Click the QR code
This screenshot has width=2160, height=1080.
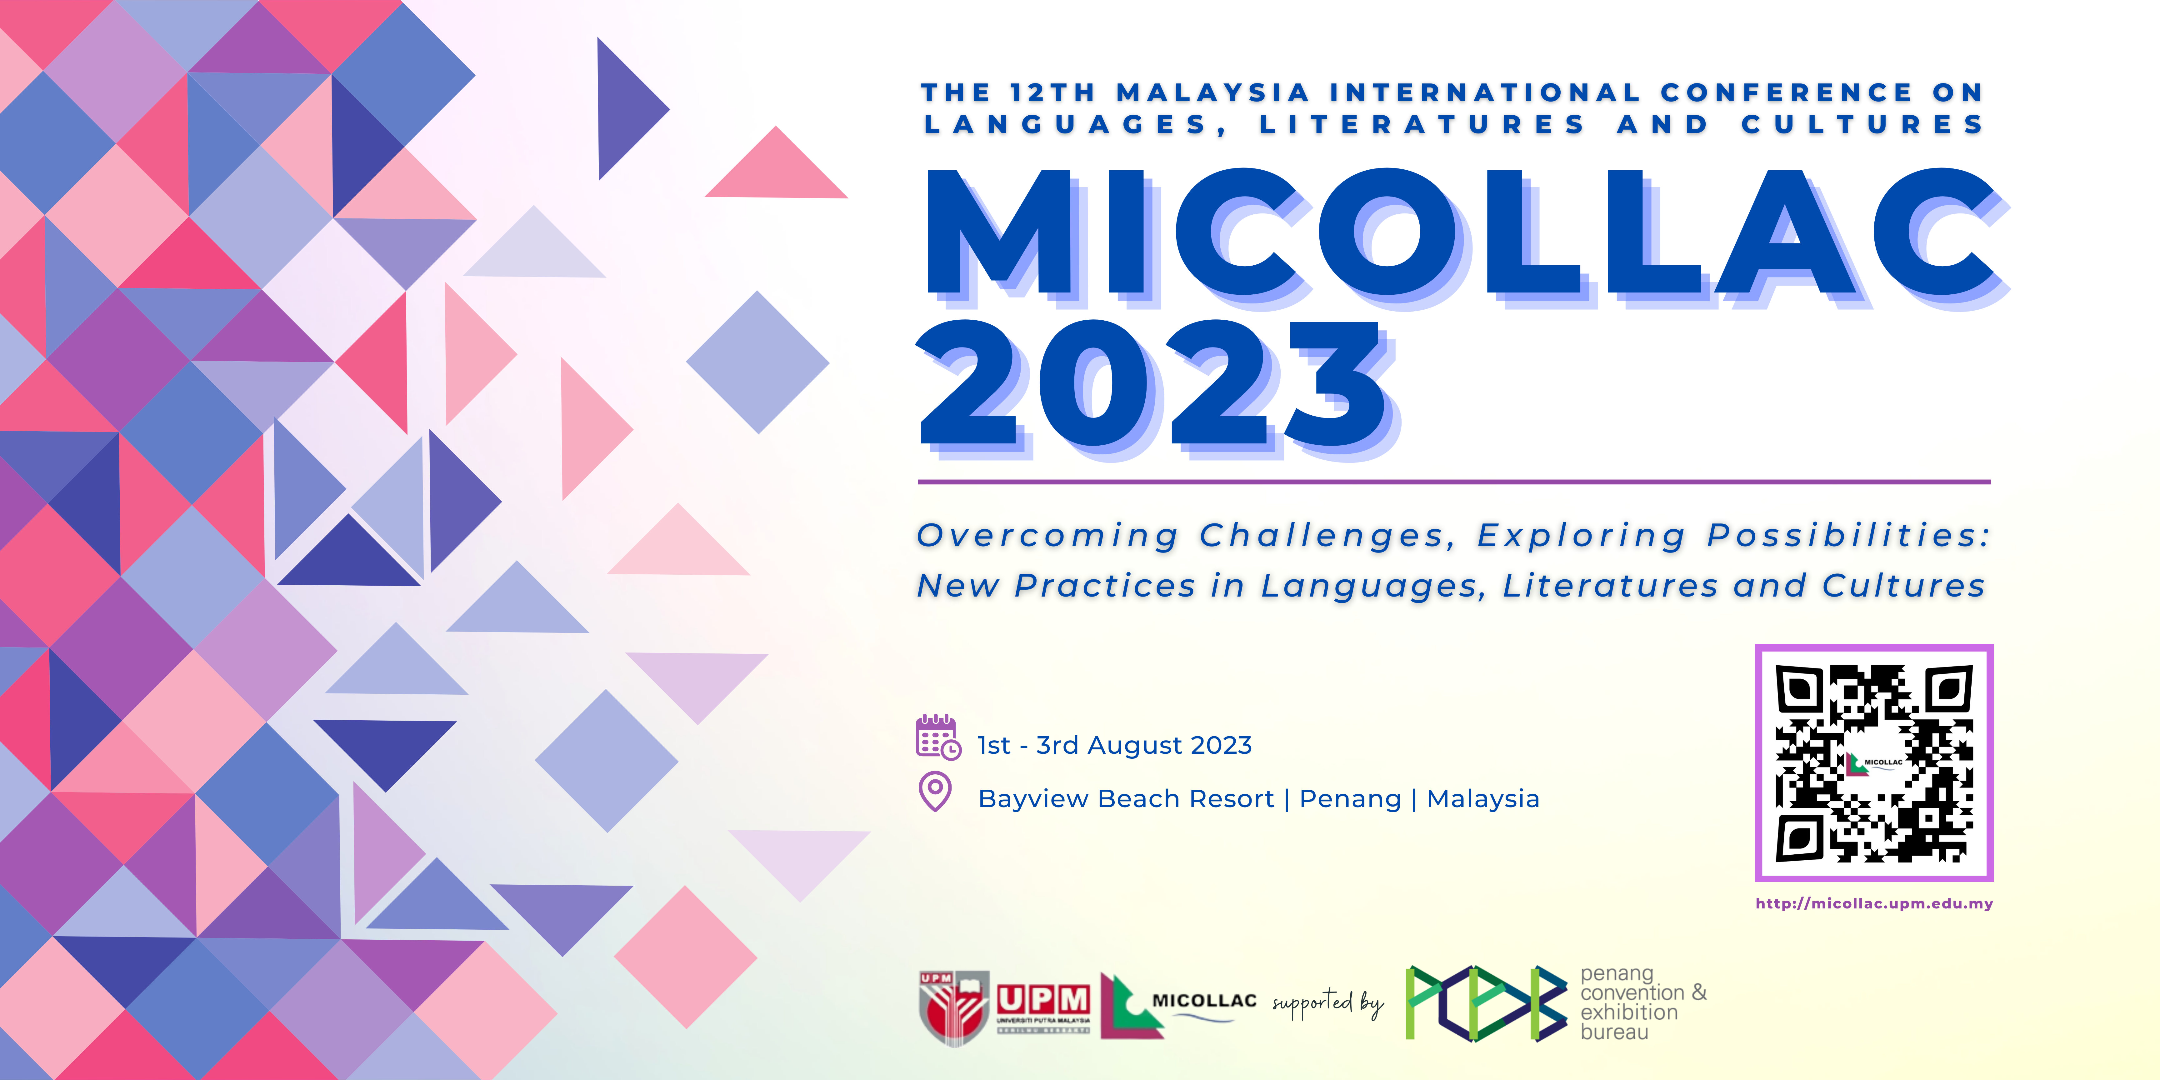1874,763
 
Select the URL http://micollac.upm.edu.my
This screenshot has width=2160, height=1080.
1874,903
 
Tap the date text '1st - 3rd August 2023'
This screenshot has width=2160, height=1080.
1114,745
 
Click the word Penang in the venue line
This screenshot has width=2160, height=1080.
1350,799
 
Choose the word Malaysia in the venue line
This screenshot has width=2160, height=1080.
1483,799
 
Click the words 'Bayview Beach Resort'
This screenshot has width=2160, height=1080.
1126,799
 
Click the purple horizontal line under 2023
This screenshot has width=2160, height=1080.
1454,482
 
